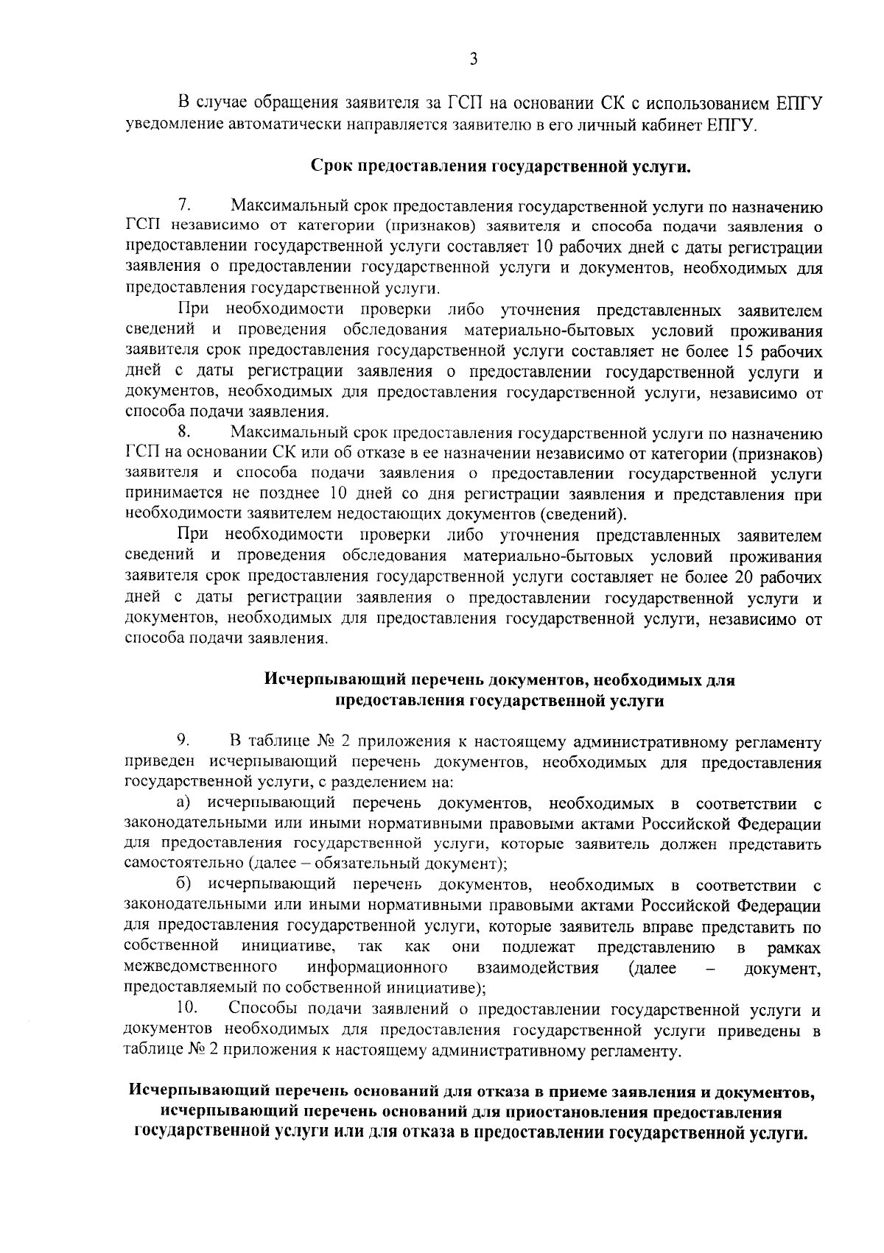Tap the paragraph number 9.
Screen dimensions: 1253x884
184,740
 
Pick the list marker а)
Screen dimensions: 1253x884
184,802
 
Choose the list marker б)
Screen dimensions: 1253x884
184,884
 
